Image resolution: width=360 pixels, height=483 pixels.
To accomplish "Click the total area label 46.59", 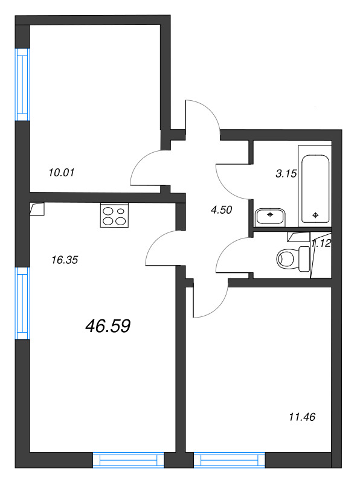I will [x=109, y=326].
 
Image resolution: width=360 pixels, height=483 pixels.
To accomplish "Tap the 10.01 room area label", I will [x=60, y=172].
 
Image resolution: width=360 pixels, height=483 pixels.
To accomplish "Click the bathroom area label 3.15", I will [x=286, y=174].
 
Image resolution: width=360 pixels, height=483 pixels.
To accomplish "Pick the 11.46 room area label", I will [x=303, y=416].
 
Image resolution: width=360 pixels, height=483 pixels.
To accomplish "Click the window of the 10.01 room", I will [x=22, y=84].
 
